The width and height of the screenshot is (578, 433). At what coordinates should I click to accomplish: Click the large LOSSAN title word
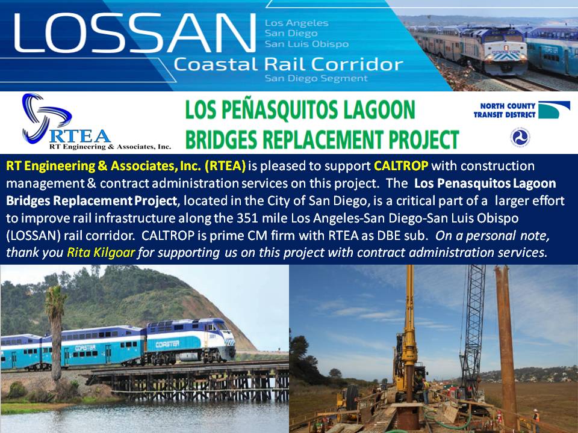(x=134, y=32)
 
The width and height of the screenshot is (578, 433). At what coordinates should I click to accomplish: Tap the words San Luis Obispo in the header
(x=306, y=44)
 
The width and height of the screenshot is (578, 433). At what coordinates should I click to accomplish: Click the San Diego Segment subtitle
(x=316, y=78)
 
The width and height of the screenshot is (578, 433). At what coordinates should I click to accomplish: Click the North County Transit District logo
(x=517, y=110)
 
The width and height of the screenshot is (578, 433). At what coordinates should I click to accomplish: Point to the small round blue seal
(x=520, y=137)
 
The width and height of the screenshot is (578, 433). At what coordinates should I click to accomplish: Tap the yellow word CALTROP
(x=401, y=166)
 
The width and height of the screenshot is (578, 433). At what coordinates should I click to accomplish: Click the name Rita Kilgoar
(x=101, y=252)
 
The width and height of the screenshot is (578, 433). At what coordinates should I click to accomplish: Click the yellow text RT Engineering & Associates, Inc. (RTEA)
(x=126, y=166)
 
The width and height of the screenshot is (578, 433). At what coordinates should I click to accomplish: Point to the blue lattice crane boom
(x=473, y=324)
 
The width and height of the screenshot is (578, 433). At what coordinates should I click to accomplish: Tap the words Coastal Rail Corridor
(x=288, y=64)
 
